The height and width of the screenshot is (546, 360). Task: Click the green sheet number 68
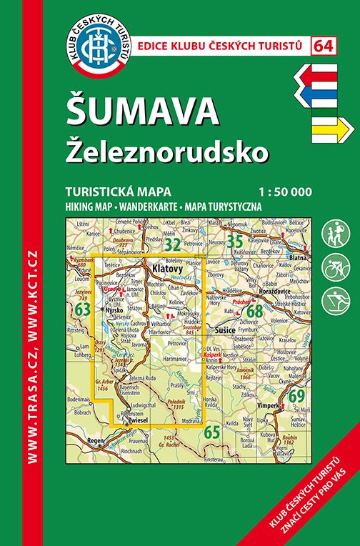[254, 312]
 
